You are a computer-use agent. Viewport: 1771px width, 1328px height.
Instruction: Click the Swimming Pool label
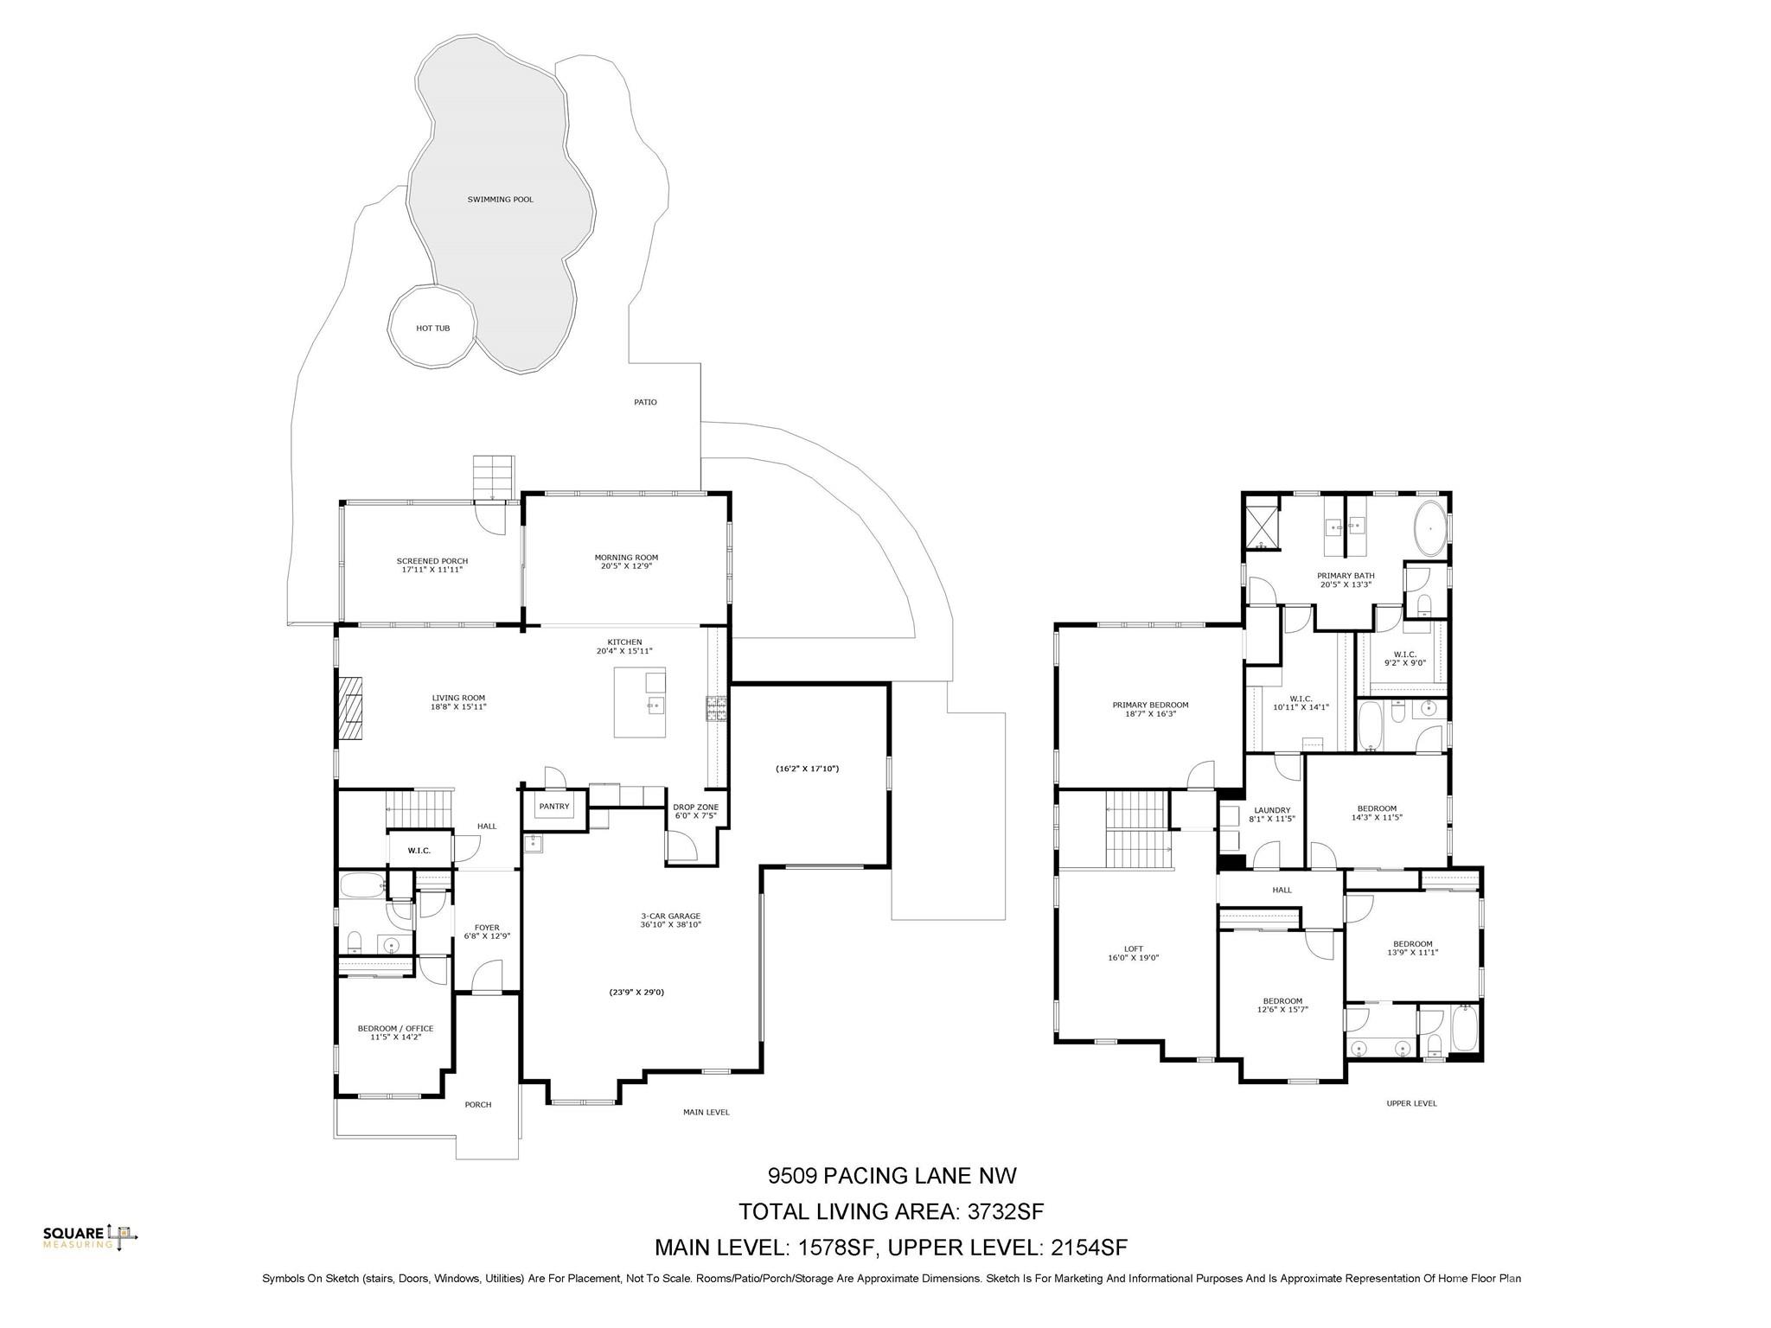click(500, 200)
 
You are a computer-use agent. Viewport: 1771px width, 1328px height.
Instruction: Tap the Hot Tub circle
click(432, 328)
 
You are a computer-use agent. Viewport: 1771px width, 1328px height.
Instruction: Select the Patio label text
click(645, 402)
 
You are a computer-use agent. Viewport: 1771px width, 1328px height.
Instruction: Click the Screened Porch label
click(432, 565)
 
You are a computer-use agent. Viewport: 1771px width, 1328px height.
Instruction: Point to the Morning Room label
click(626, 562)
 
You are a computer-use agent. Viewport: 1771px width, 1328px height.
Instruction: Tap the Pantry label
click(554, 807)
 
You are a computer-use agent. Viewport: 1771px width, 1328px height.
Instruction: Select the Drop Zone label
click(695, 811)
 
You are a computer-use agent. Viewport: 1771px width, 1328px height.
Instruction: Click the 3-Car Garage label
click(670, 920)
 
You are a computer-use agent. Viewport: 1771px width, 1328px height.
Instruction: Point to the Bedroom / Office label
click(395, 1032)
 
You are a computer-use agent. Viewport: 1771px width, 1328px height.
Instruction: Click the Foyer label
click(487, 931)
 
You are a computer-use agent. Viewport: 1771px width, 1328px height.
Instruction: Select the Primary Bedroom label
click(1150, 709)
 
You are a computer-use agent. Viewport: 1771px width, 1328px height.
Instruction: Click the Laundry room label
click(1271, 814)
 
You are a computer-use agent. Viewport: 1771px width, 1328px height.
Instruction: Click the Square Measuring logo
click(91, 1237)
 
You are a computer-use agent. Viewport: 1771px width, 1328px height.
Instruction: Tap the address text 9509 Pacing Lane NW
click(892, 1176)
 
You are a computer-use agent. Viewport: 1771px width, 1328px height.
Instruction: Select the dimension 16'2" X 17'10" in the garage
click(808, 769)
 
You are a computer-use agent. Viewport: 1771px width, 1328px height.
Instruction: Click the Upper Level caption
click(1411, 1103)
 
